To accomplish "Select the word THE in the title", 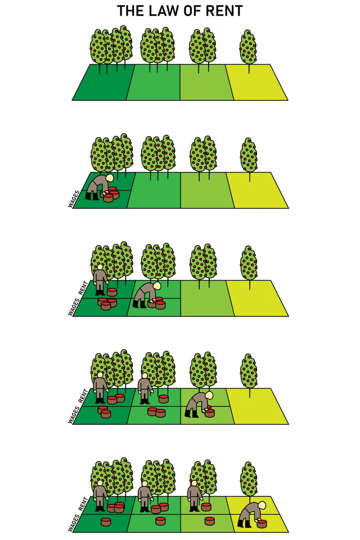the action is coord(130,11).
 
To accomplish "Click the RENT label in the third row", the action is coord(83,288).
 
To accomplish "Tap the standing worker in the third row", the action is coord(100,280).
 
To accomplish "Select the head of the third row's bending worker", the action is coord(157,286).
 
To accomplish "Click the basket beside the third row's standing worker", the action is coord(112,292).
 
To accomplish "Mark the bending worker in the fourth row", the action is coord(199,404).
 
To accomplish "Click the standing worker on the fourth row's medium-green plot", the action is coord(145,388).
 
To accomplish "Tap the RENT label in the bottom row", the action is coord(83,504).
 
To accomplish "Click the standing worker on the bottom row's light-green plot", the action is coord(195,496).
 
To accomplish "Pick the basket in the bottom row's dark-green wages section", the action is coord(106,521).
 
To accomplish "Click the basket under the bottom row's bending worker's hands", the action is coord(262,524).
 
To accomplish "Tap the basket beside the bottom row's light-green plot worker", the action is coord(206,507).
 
